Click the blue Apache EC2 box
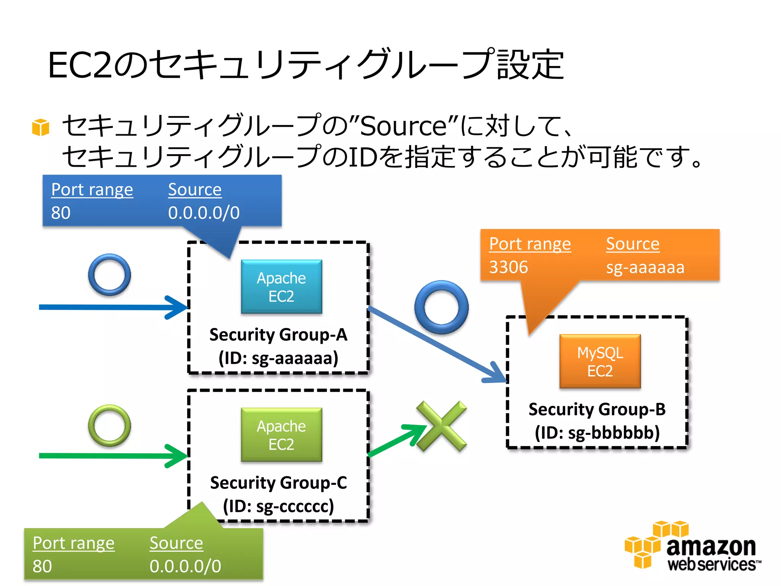(281, 287)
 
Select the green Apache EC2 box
(281, 435)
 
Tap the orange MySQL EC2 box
(600, 361)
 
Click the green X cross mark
(442, 426)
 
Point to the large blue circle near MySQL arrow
(441, 307)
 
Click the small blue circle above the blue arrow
(109, 275)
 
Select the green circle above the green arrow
(109, 425)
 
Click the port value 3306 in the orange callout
(508, 267)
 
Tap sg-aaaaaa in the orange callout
(645, 267)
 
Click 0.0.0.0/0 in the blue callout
(204, 213)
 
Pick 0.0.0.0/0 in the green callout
(185, 566)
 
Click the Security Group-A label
(278, 335)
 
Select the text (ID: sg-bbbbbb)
(597, 433)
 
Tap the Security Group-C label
(278, 483)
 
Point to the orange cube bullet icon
(41, 127)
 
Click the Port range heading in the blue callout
(92, 190)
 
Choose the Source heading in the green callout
(176, 543)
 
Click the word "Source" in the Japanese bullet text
(403, 126)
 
